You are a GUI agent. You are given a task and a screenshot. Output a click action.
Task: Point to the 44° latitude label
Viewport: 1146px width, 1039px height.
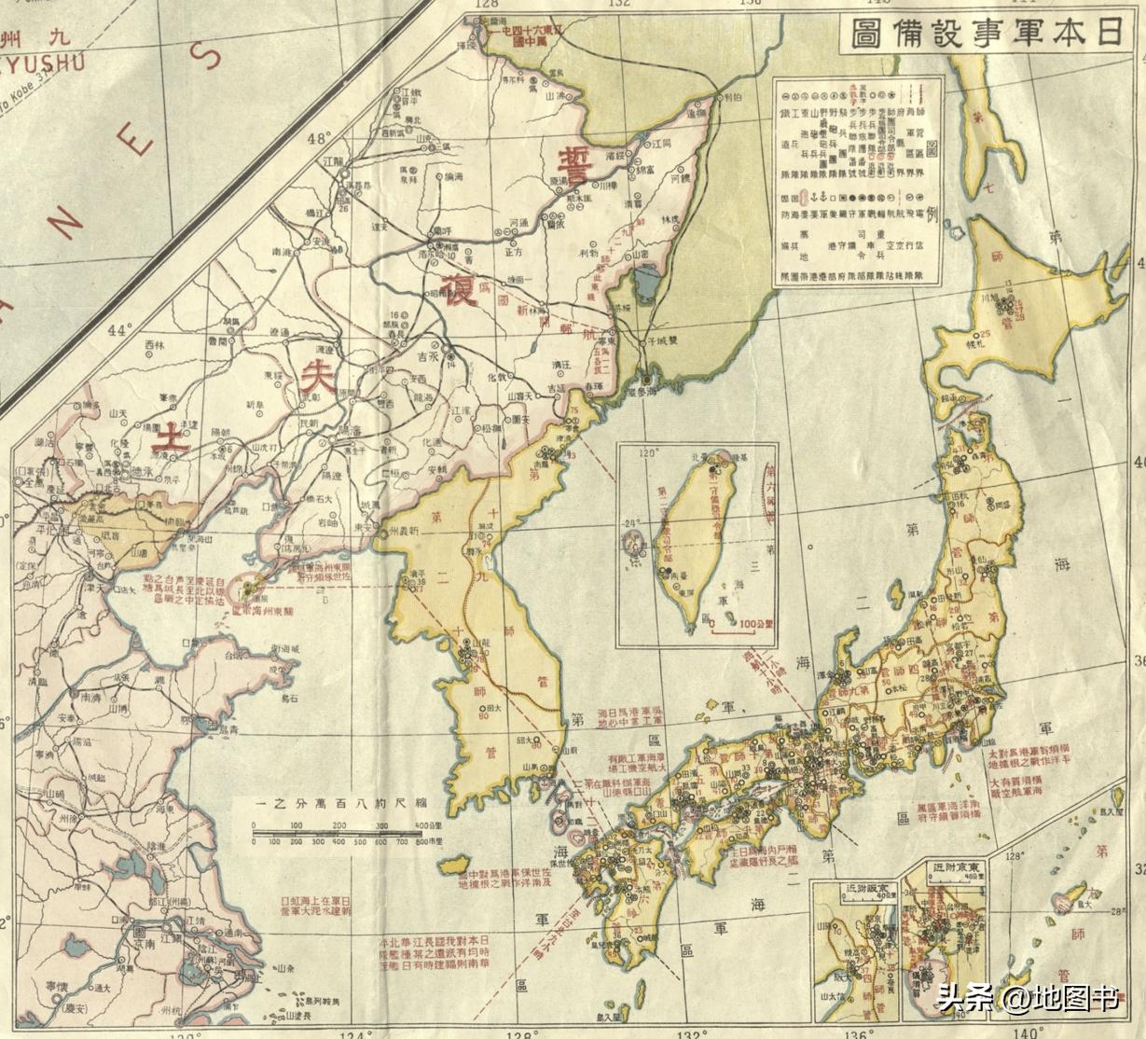(121, 330)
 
